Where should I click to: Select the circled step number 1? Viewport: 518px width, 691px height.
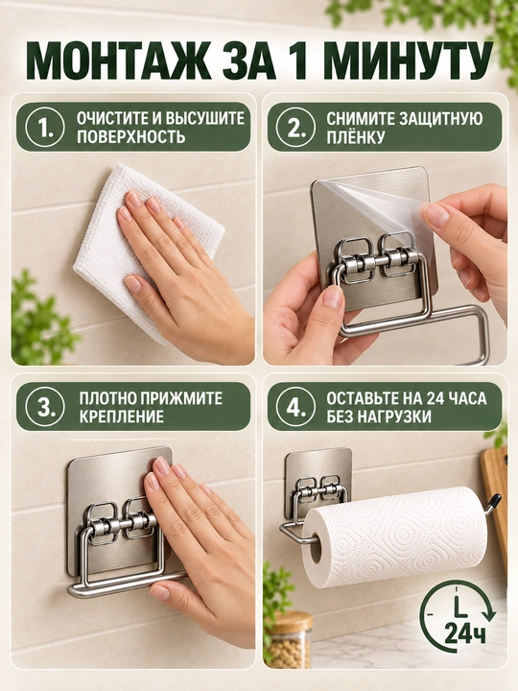45,128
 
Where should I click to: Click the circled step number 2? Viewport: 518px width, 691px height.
296,128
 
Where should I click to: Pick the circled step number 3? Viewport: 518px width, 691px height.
45,406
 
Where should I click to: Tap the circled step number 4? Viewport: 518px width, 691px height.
296,406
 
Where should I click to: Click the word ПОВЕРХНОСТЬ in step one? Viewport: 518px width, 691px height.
130,137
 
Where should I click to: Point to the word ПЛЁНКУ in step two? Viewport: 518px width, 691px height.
356,137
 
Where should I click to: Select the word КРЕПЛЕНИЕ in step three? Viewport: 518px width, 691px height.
122,417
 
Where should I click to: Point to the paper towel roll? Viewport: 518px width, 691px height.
395,536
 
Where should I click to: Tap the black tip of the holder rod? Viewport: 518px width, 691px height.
495,501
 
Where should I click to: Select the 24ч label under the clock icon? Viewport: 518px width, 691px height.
464,633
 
